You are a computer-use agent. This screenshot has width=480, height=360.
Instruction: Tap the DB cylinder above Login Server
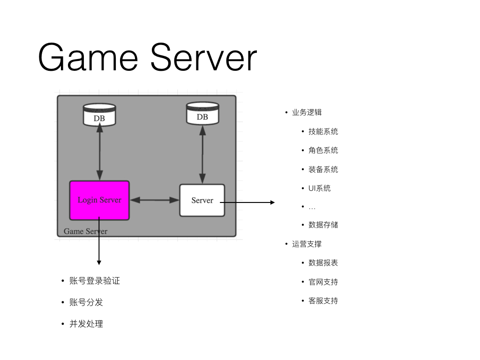(x=99, y=115)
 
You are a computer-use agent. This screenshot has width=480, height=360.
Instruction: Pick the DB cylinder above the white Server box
(x=202, y=113)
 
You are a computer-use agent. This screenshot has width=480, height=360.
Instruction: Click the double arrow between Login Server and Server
(x=155, y=200)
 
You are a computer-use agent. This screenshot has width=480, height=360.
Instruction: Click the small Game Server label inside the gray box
(x=85, y=231)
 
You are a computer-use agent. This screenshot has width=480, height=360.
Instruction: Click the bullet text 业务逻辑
(x=307, y=112)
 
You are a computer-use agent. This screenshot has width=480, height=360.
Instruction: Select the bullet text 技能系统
(x=323, y=131)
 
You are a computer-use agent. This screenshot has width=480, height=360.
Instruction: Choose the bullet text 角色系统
(x=323, y=150)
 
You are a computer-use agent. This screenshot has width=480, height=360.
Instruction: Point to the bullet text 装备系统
(x=323, y=169)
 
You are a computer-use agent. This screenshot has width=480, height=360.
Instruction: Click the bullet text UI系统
(x=319, y=188)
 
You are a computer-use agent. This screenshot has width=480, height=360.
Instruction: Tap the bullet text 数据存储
(x=323, y=225)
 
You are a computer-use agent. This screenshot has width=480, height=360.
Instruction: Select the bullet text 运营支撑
(x=307, y=244)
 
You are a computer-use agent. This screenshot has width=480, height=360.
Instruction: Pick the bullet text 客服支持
(x=323, y=300)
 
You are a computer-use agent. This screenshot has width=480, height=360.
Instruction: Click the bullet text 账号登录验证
(x=95, y=281)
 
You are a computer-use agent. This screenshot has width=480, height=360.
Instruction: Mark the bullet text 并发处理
(x=86, y=323)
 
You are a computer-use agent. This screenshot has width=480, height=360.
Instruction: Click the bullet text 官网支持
(x=323, y=282)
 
